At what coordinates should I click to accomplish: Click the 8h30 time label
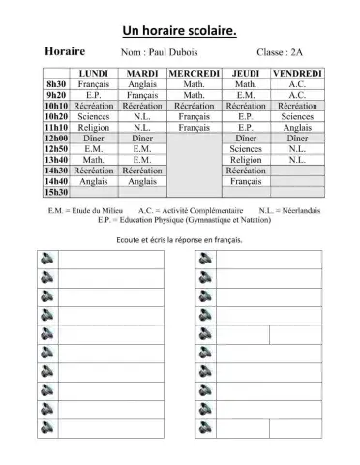(55, 84)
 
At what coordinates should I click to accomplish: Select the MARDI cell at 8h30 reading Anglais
(142, 84)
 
